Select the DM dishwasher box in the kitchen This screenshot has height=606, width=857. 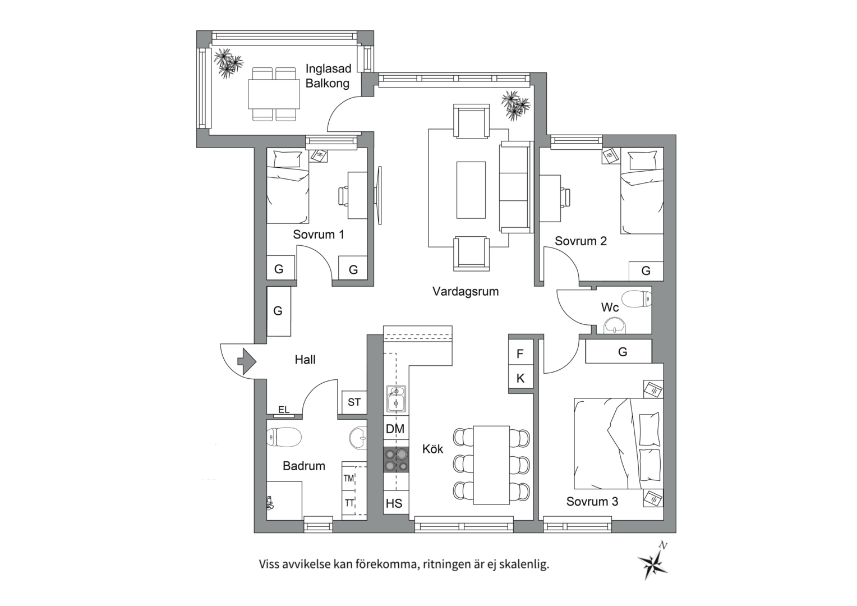(395, 429)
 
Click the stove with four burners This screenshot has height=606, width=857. (396, 460)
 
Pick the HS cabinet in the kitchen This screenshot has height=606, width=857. (394, 503)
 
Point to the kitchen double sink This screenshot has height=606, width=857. (396, 399)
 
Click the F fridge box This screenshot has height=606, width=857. (520, 353)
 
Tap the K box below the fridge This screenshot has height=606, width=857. (520, 378)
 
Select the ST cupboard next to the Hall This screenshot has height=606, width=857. (354, 402)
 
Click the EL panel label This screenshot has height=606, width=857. (284, 410)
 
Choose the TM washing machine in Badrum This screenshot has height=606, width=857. (349, 478)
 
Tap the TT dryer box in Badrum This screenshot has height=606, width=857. (349, 503)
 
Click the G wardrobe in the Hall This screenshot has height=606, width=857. (278, 311)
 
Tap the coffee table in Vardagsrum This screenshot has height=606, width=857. (471, 190)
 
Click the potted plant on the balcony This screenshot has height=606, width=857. (228, 62)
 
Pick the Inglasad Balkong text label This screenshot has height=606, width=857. (328, 76)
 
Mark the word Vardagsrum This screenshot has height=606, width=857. (466, 291)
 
